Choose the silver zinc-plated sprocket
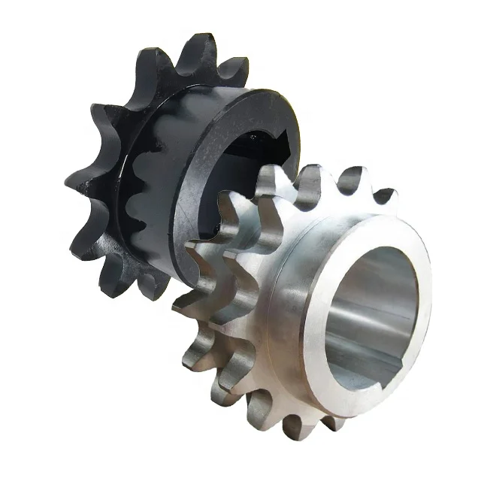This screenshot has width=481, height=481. click(316, 316)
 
